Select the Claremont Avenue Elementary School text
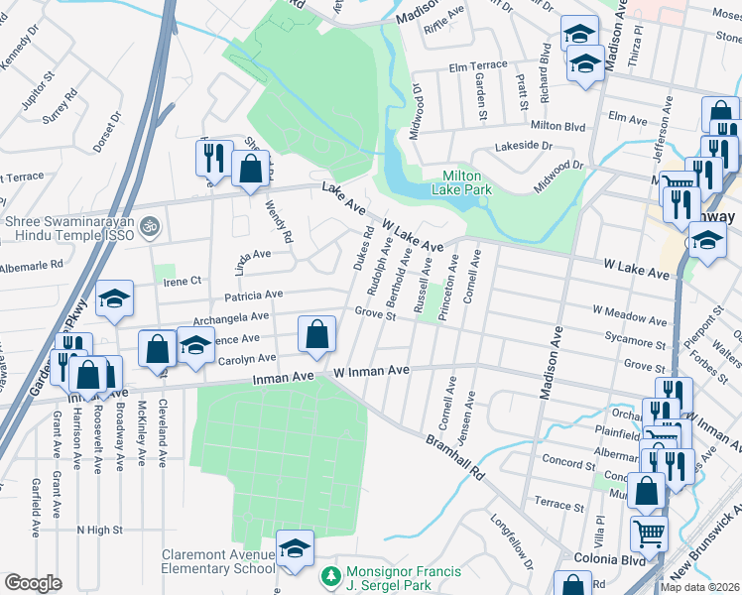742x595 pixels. tap(220, 561)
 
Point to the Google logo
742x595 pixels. tap(33, 583)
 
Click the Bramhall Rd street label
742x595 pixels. tap(454, 457)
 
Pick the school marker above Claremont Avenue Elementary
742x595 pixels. tap(295, 547)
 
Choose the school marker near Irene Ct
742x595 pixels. tap(115, 299)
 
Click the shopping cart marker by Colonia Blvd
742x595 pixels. tap(649, 534)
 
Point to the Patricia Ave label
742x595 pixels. tap(253, 295)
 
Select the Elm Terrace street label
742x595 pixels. tap(477, 67)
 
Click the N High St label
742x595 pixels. tap(99, 531)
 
